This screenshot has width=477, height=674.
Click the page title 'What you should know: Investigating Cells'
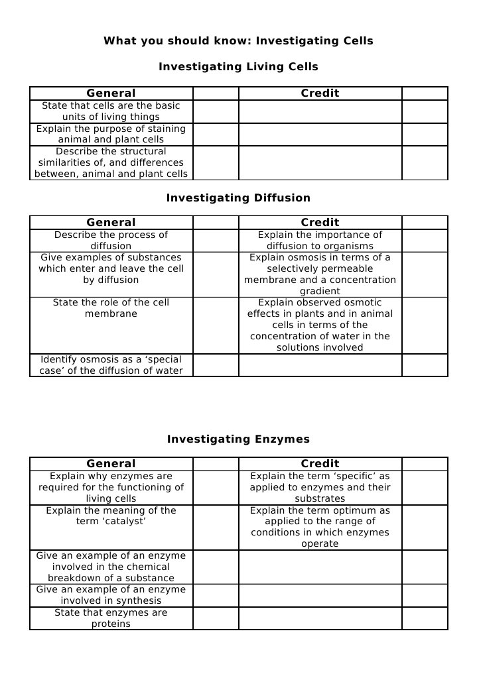pos(238,41)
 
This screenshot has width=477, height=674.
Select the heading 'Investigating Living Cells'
pos(238,67)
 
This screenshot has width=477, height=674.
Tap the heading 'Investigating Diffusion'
pos(238,198)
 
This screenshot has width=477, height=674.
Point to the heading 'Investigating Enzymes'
pos(238,439)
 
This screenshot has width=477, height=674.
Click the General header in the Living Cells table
pos(111,93)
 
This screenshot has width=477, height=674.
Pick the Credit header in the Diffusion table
pos(320,223)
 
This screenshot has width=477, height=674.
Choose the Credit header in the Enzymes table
pos(320,464)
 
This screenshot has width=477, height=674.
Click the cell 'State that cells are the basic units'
pos(111,111)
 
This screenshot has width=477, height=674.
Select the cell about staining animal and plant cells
pos(111,134)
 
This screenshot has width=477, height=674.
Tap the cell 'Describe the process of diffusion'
pos(111,240)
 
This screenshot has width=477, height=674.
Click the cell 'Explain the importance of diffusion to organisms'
pos(320,240)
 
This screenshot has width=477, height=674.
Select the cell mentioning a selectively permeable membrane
pos(320,274)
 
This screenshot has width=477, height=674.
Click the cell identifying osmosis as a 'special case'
pos(111,365)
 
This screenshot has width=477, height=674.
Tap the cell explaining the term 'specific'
pos(320,487)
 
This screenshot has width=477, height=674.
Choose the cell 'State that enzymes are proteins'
pos(111,618)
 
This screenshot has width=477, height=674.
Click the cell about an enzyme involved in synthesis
pos(111,595)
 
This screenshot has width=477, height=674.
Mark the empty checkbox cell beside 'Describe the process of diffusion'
pos(216,240)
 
